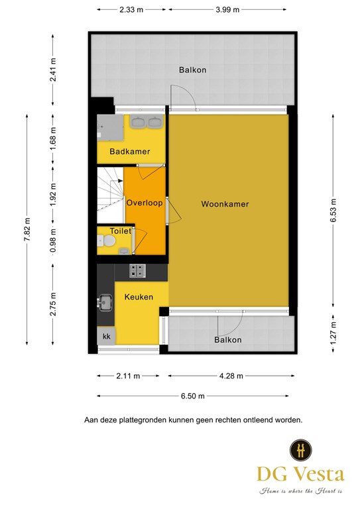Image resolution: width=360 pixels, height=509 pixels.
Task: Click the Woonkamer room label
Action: coord(225,204)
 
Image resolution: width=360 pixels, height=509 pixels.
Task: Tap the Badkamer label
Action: coord(129,151)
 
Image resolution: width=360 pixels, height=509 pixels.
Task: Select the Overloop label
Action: coord(145,203)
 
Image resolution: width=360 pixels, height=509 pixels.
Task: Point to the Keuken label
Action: coord(139,297)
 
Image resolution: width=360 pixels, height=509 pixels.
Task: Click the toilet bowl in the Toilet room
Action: coord(107,241)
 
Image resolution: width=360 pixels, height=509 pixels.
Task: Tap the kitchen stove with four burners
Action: coord(137,270)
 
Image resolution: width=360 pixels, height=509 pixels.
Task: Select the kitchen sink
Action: coord(105,302)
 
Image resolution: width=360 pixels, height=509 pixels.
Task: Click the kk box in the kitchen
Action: coord(106,336)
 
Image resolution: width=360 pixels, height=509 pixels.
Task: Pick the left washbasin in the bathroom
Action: coord(139,122)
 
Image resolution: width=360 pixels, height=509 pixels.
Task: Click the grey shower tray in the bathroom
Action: coord(110,128)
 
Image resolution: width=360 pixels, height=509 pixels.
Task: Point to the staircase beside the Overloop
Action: coord(110,195)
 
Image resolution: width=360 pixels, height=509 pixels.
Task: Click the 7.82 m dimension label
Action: coord(27,229)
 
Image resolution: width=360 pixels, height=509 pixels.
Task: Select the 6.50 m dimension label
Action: coord(193,396)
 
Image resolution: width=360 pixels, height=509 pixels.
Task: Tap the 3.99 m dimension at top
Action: coord(227,9)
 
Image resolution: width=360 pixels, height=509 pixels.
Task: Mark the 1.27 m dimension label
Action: coord(333,333)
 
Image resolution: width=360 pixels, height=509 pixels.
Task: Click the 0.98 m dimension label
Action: coord(53,241)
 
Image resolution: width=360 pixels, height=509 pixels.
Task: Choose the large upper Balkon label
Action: coord(192,70)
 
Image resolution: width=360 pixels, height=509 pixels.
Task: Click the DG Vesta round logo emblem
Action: coord(300,450)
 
